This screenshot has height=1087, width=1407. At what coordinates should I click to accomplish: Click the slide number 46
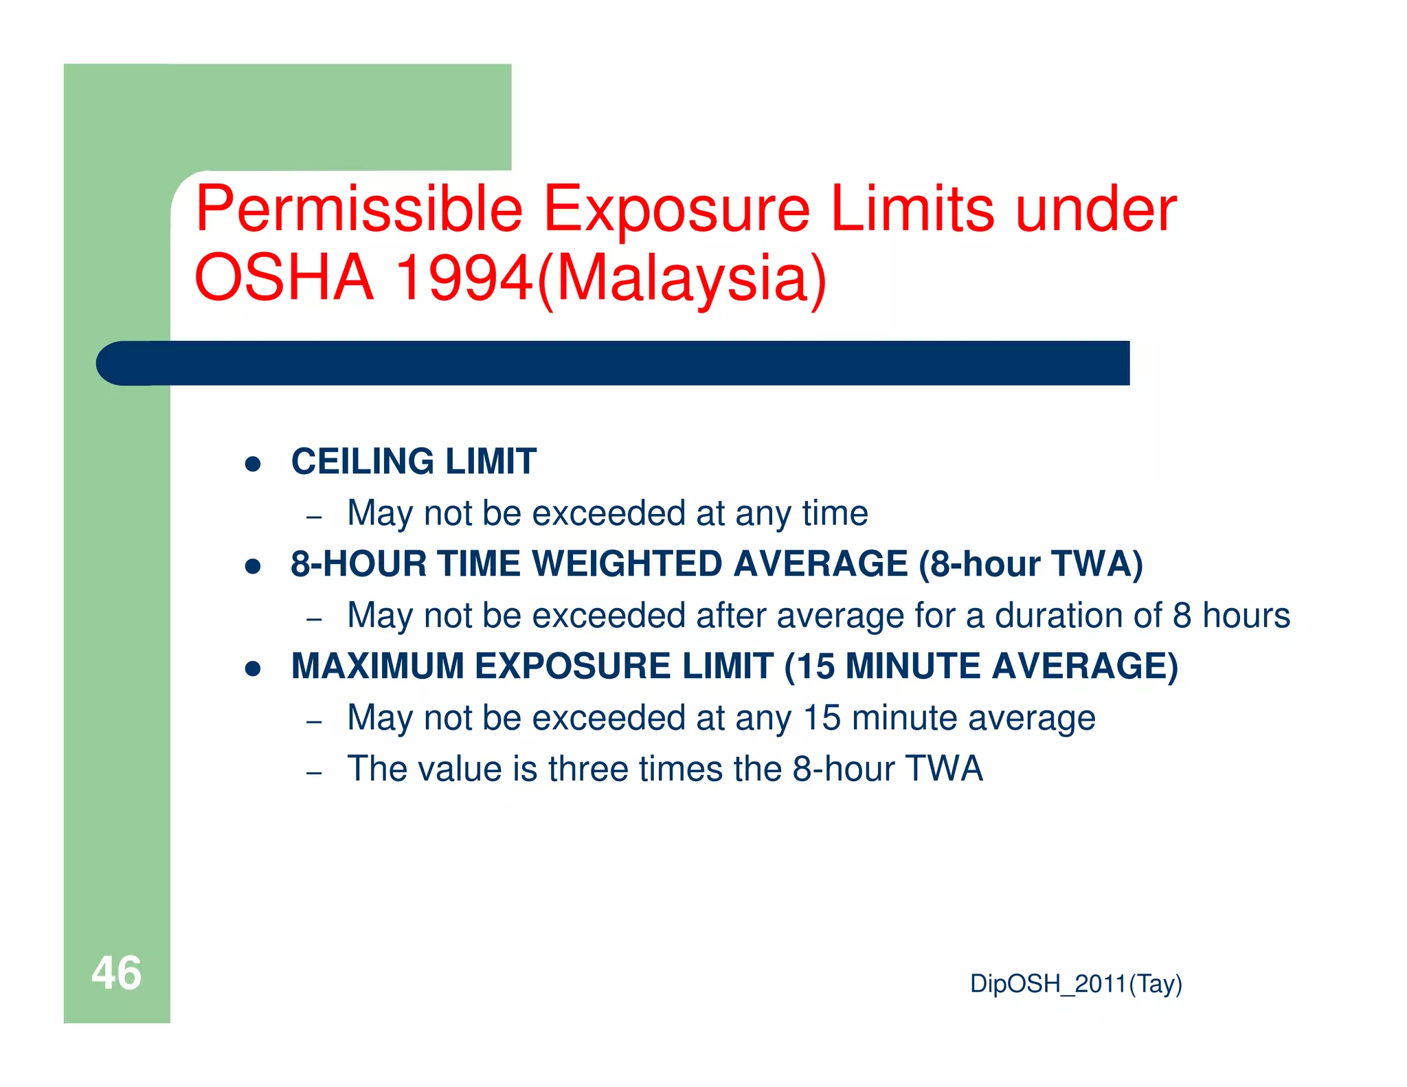pos(116,973)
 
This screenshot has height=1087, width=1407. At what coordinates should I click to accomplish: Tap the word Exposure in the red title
pos(677,210)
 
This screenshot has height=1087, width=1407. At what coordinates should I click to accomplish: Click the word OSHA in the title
pos(284,278)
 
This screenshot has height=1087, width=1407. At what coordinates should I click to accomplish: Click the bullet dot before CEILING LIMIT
pos(253,464)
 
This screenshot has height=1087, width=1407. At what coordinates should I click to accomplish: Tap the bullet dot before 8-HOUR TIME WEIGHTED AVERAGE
pos(253,566)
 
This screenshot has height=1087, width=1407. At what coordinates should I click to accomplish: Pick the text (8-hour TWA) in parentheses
pos(1031,564)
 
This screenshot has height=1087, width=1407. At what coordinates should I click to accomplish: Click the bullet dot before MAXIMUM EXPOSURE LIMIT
pos(253,669)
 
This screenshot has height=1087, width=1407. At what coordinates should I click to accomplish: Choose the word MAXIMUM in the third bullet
pos(377,666)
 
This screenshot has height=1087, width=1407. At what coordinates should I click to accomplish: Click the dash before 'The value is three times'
pos(314,773)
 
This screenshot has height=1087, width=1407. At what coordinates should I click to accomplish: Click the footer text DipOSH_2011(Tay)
pos(1075,984)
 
